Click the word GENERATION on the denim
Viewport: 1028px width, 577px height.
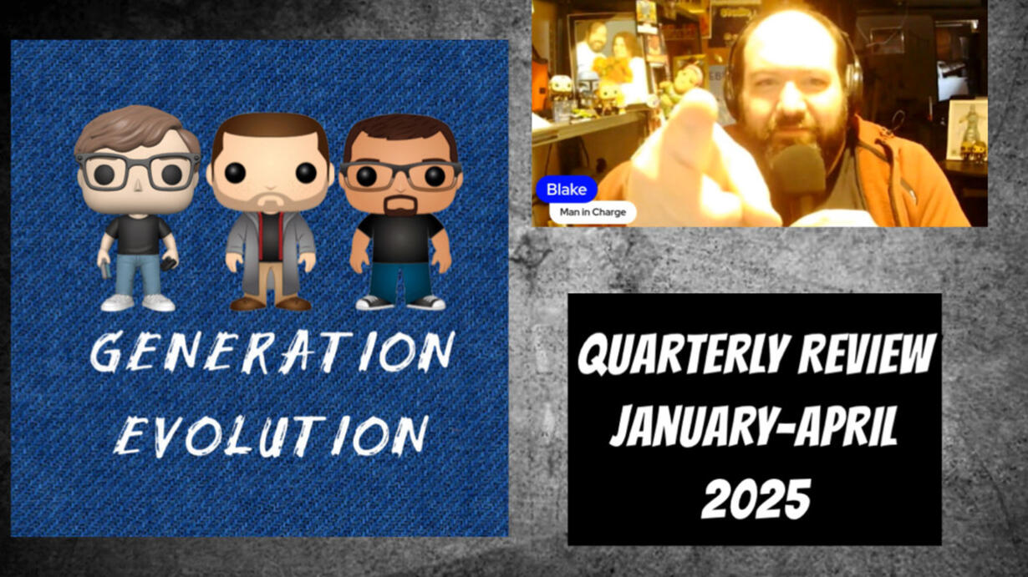(x=272, y=352)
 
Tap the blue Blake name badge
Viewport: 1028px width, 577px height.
(x=567, y=190)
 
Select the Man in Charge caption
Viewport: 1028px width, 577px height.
(x=593, y=212)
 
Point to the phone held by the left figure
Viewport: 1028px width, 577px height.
(x=168, y=264)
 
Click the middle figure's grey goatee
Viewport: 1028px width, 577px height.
(x=270, y=202)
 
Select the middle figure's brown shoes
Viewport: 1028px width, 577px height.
(x=270, y=303)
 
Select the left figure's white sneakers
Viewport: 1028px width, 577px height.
(x=138, y=303)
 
